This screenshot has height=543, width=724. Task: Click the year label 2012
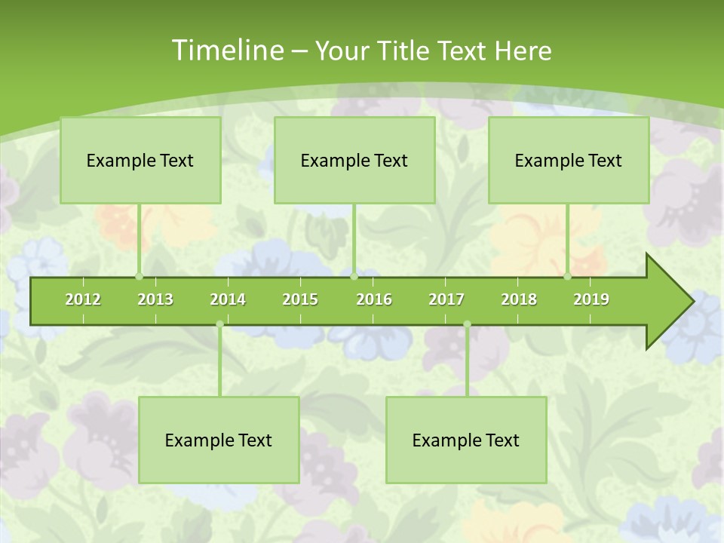click(x=83, y=299)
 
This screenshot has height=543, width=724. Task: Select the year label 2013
click(x=155, y=299)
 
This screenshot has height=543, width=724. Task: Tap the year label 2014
click(x=228, y=299)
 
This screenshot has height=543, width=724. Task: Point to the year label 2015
click(x=300, y=299)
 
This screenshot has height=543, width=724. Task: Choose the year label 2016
click(x=374, y=299)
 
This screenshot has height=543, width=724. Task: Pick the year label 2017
click(x=446, y=299)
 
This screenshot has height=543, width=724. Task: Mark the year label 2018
click(x=519, y=299)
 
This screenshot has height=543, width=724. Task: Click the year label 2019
click(x=591, y=299)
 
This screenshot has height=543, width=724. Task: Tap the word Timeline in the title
click(x=227, y=51)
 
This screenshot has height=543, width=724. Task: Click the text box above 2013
click(x=140, y=160)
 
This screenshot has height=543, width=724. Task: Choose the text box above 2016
click(x=354, y=160)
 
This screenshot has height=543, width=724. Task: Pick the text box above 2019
click(x=569, y=160)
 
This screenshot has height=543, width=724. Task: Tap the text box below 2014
click(x=219, y=440)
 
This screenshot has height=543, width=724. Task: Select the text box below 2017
click(x=466, y=440)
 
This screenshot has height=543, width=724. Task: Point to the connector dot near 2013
click(x=140, y=277)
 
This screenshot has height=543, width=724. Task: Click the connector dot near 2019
click(x=568, y=277)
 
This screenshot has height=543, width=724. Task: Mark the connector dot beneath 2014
click(x=219, y=324)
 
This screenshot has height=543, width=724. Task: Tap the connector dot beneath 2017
click(x=467, y=324)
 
